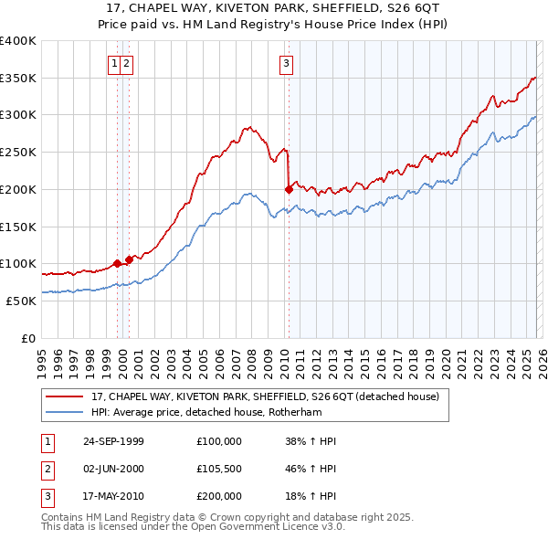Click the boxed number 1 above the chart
114,63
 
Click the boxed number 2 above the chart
126,63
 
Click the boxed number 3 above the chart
287,63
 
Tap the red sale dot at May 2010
289,190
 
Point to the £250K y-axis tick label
18,153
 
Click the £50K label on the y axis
21,301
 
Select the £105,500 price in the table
219,469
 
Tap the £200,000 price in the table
219,496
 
